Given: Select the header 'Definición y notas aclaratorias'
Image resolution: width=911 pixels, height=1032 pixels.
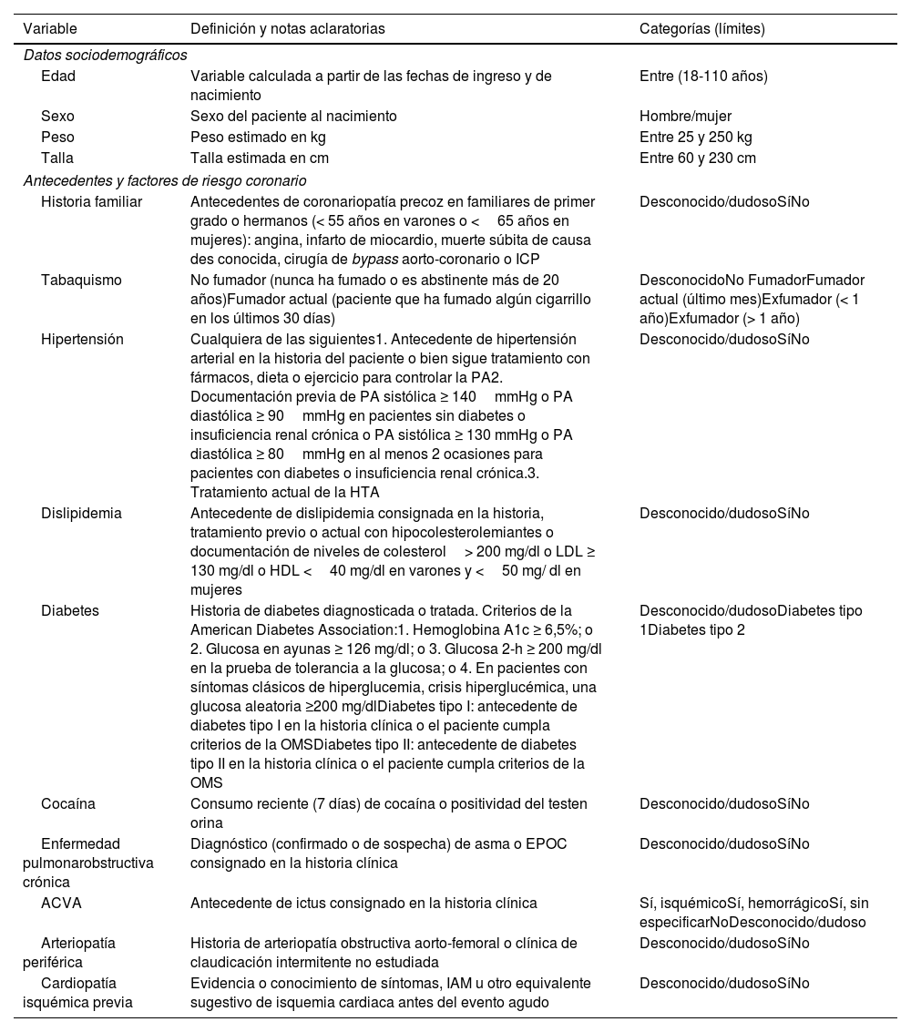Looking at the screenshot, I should (x=287, y=29).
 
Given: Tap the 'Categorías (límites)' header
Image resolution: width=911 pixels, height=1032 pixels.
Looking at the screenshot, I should (x=701, y=29).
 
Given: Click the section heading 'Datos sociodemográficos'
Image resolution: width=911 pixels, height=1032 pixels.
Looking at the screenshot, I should (x=105, y=55).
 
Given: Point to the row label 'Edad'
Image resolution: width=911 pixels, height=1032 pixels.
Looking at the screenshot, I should (x=58, y=77).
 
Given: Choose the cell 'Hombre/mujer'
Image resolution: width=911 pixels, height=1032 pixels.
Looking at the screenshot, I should (x=685, y=117).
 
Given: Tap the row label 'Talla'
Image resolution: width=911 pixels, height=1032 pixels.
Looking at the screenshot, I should (x=57, y=158).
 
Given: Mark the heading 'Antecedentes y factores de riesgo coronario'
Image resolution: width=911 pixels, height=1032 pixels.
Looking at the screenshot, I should (x=165, y=180).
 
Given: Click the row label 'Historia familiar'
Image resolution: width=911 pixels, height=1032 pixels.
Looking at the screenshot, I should (x=91, y=202).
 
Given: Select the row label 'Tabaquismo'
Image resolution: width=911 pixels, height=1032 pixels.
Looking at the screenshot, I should (x=81, y=281).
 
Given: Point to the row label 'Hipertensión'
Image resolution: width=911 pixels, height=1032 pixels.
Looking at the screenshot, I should (x=82, y=340).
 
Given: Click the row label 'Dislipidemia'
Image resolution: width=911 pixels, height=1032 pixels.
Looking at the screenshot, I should (x=81, y=514).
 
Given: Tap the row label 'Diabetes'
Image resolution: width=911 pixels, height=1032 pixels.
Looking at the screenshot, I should (x=70, y=610).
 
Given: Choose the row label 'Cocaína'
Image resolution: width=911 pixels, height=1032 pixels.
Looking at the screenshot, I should (x=68, y=804).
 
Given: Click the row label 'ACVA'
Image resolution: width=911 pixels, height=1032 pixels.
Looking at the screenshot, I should (x=61, y=904).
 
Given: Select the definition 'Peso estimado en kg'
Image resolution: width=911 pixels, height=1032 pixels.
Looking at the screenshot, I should (x=258, y=138).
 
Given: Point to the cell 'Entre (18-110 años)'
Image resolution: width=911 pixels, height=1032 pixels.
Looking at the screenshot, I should (x=703, y=77).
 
